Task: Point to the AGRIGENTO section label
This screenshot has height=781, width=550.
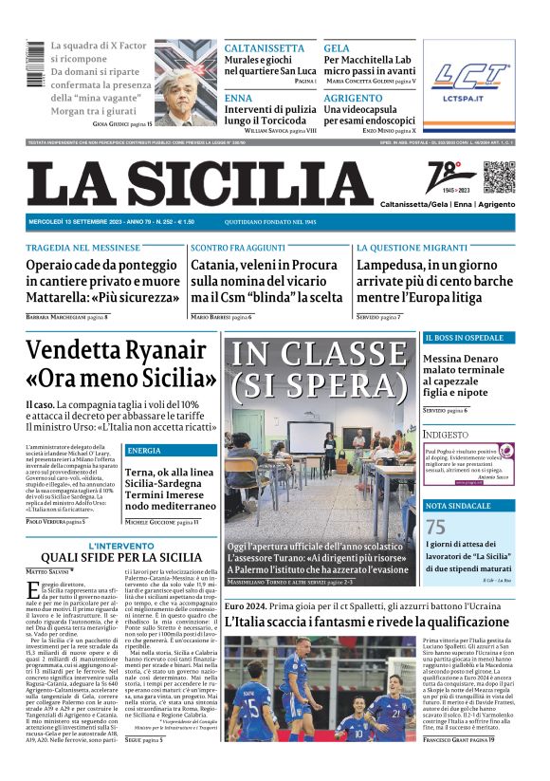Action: [x=353, y=98]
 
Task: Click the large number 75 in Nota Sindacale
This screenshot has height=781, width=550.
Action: [x=435, y=528]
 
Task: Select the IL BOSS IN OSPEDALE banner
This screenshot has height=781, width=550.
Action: [x=465, y=338]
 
